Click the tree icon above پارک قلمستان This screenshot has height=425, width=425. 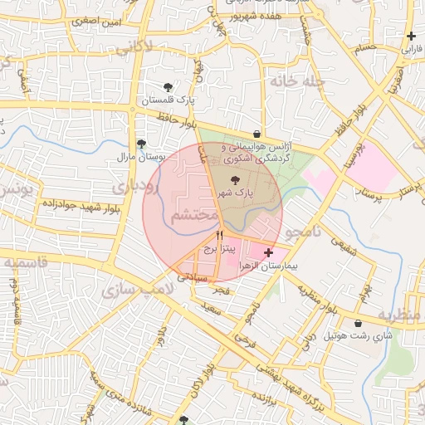[169, 86]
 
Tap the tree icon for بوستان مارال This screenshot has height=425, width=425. [140, 144]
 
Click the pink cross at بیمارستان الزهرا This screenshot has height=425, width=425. [268, 252]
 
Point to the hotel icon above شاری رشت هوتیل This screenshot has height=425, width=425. [358, 324]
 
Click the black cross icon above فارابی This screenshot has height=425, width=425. [412, 36]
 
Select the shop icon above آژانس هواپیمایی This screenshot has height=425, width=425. [256, 134]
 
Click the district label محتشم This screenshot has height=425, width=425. [193, 216]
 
